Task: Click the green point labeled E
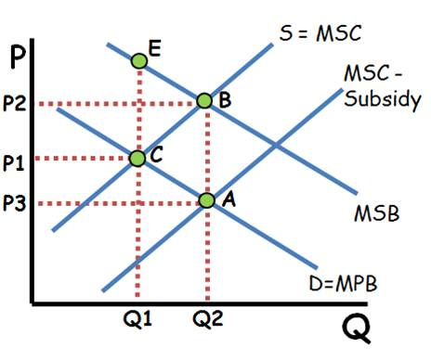pos(138,61)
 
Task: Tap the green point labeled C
pos(137,158)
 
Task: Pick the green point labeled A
pos(206,199)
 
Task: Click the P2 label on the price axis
pos(16,102)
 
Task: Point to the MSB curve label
pos(375,214)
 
